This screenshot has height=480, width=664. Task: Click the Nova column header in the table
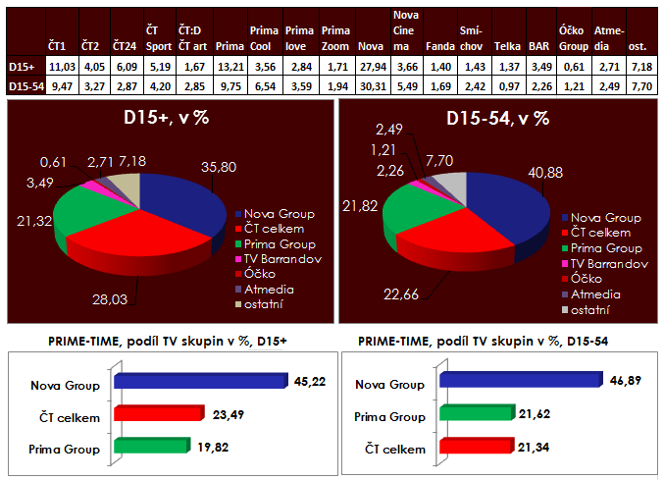370,46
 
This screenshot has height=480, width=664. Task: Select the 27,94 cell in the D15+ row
371,65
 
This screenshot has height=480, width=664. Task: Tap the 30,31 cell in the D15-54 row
371,84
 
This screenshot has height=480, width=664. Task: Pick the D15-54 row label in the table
22,84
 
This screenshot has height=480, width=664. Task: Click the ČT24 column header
125,46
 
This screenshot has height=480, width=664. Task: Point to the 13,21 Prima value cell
229,65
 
